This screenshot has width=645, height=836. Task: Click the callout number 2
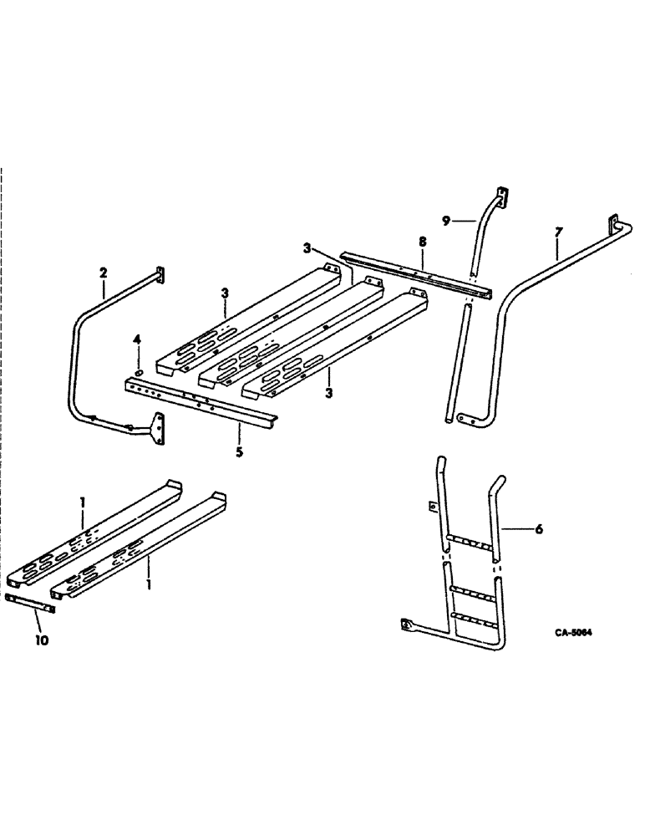click(x=104, y=272)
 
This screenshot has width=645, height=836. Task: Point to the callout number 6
click(x=539, y=529)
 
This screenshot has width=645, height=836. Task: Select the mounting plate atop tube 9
click(x=502, y=196)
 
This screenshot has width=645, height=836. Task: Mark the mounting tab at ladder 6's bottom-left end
click(x=407, y=623)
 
